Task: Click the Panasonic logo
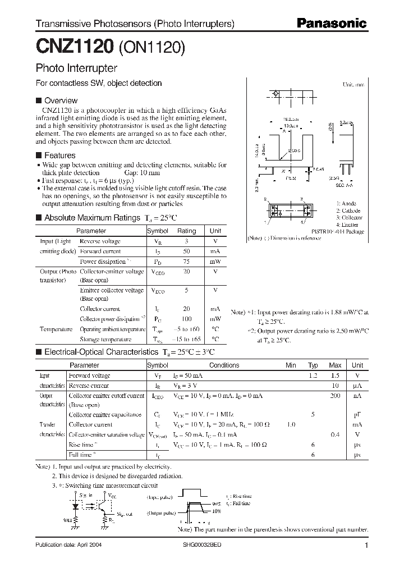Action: [331, 24]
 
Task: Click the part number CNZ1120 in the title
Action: [75, 47]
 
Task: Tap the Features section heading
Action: [59, 155]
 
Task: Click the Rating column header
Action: [186, 231]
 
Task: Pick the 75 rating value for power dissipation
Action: [186, 262]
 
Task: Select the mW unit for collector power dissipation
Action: [215, 319]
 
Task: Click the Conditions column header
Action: [224, 365]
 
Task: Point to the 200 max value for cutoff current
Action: [335, 396]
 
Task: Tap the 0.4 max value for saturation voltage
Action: [335, 435]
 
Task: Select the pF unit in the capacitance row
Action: [357, 415]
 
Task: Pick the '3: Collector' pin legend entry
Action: [350, 217]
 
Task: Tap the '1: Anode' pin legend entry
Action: [346, 203]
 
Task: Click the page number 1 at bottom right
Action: [366, 546]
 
